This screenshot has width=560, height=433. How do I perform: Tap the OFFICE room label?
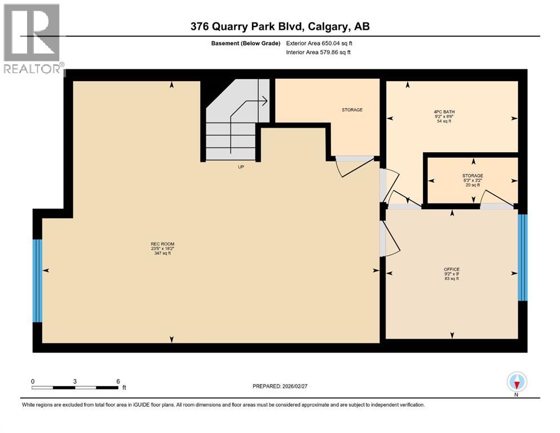(x=452, y=269)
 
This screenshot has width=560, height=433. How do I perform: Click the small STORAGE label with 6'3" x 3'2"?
(x=473, y=175)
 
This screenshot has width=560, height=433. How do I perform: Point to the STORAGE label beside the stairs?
(x=352, y=110)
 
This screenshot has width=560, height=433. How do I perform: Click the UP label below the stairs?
(x=240, y=166)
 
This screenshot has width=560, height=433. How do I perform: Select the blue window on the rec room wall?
(x=37, y=280)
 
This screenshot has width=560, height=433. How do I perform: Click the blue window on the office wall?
(x=522, y=257)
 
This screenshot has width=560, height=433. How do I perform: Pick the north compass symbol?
(x=517, y=382)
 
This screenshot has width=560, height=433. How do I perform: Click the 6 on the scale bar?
(x=118, y=381)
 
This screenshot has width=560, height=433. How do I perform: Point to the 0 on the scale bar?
(x=33, y=381)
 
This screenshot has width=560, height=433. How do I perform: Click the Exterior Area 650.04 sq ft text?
(x=319, y=43)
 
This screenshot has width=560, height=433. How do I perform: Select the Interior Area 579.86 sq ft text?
(x=318, y=52)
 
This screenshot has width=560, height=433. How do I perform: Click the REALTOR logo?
(x=32, y=39)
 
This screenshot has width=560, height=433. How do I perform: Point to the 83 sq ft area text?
(x=452, y=279)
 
